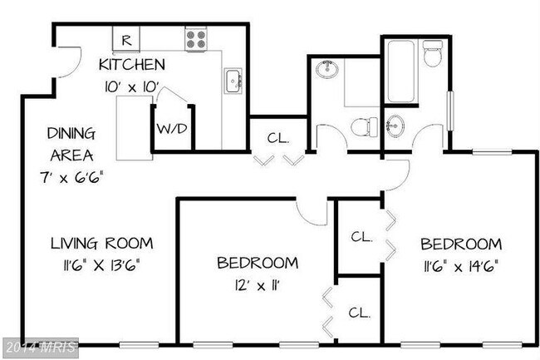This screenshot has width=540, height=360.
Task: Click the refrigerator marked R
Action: tap(126, 38)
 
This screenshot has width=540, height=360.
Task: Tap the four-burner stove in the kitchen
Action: tap(195, 38)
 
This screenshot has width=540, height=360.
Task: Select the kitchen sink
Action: tap(233, 81)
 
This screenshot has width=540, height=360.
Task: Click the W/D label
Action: tap(171, 130)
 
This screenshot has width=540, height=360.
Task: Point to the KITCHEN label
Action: tap(131, 64)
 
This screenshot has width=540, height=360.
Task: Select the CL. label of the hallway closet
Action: tap(277, 138)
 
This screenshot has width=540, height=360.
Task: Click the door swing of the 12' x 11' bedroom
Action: tap(312, 212)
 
